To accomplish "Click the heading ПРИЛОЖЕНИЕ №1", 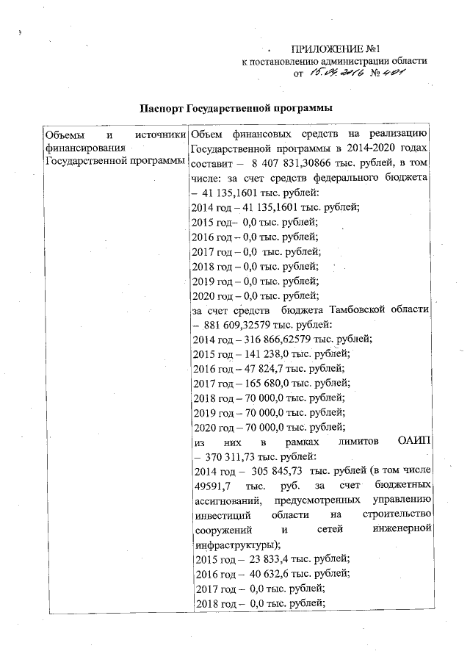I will [x=339, y=47].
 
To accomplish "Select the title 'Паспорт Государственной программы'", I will [x=236, y=108].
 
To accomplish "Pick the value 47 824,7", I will [x=259, y=368].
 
